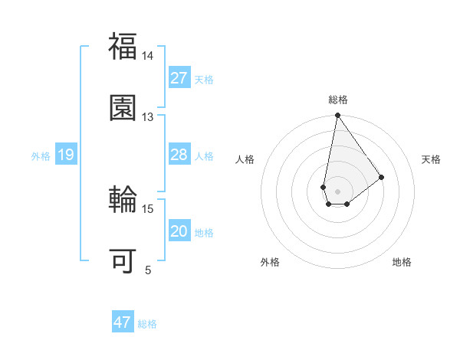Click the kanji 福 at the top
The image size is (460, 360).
click(123, 45)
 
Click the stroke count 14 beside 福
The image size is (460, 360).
click(147, 56)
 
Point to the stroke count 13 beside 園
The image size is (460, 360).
click(147, 117)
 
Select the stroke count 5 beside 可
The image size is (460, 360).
click(148, 270)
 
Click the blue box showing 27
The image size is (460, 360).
click(179, 78)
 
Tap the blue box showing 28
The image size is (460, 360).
click(179, 155)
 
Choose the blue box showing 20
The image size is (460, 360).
click(179, 232)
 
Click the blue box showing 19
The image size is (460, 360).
click(65, 155)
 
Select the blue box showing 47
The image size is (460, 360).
click(122, 322)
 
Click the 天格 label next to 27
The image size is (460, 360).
click(204, 79)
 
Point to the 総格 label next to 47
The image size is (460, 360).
click(147, 324)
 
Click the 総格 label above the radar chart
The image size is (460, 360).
click(338, 100)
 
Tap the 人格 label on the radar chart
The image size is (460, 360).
click(245, 159)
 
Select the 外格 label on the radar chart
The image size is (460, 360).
click(269, 262)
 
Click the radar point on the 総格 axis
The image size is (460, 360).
click(337, 116)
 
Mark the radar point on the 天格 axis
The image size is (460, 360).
click(382, 177)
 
